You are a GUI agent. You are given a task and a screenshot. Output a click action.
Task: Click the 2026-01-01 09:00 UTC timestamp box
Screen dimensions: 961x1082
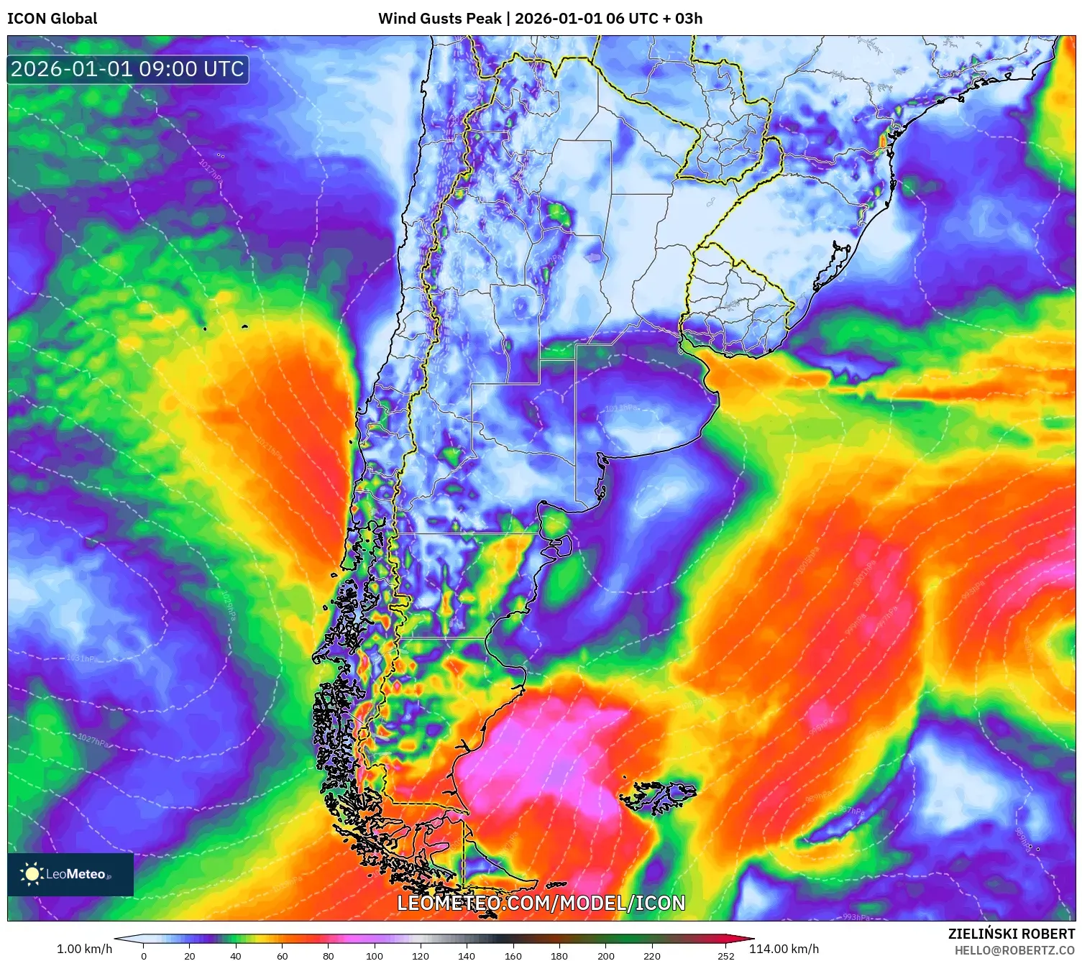pyautogui.click(x=127, y=69)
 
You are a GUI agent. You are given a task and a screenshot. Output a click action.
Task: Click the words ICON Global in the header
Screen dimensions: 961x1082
pyautogui.click(x=52, y=19)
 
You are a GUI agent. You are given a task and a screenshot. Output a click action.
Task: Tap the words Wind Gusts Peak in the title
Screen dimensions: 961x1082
pyautogui.click(x=439, y=19)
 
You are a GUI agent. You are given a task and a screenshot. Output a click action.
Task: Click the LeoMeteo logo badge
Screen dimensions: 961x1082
pyautogui.click(x=70, y=874)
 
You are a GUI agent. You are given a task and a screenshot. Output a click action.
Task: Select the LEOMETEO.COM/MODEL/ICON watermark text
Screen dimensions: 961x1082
pyautogui.click(x=541, y=903)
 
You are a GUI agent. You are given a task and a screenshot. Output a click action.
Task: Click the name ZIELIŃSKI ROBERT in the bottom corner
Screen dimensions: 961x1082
pyautogui.click(x=1011, y=934)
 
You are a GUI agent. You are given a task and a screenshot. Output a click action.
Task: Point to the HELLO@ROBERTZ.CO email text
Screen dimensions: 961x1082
pyautogui.click(x=1014, y=950)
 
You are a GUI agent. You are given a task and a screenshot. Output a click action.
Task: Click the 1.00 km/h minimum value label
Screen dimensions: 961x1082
pyautogui.click(x=84, y=949)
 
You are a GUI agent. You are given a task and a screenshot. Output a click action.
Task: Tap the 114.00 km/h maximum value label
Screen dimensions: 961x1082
pyautogui.click(x=784, y=949)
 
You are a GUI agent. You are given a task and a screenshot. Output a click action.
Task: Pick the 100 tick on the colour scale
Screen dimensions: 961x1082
pyautogui.click(x=375, y=956)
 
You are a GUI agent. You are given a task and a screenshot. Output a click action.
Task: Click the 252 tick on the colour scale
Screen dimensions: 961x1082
pyautogui.click(x=726, y=956)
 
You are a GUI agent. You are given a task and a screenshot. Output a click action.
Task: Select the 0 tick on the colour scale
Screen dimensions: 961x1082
pyautogui.click(x=144, y=956)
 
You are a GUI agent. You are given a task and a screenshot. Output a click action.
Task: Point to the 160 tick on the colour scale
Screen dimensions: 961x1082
pyautogui.click(x=513, y=956)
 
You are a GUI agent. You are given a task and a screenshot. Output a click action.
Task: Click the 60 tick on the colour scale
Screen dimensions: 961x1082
pyautogui.click(x=282, y=956)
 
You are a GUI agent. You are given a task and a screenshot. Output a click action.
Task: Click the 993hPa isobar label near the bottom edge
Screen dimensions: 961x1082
pyautogui.click(x=856, y=917)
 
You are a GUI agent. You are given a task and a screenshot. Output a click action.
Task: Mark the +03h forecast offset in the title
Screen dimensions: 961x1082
pyautogui.click(x=688, y=19)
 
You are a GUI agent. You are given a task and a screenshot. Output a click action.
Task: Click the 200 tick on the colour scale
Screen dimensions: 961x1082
pyautogui.click(x=606, y=956)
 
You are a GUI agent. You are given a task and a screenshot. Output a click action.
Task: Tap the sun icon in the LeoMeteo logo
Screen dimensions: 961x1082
pyautogui.click(x=32, y=874)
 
